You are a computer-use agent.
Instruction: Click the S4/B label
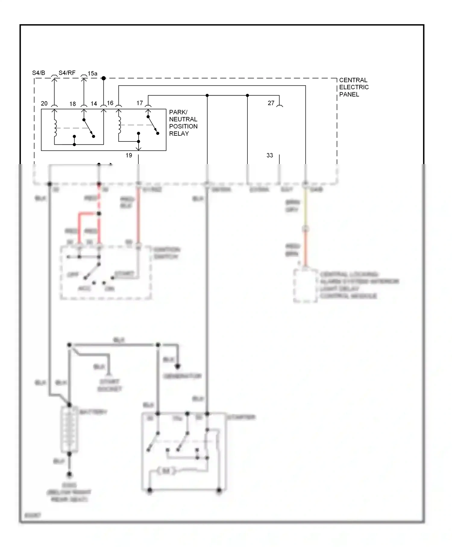point(39,73)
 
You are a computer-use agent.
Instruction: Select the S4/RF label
point(67,73)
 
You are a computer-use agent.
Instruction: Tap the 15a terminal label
point(93,74)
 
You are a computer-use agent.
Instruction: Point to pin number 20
point(44,103)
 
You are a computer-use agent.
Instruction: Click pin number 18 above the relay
point(73,104)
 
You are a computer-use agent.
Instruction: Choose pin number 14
point(94,104)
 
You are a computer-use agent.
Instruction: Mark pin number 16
point(110,103)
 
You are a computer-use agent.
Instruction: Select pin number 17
point(140,103)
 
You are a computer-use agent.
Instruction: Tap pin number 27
point(271,103)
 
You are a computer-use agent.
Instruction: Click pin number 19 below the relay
point(129,155)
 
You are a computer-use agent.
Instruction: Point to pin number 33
point(270,155)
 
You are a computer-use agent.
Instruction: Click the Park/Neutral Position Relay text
point(183,123)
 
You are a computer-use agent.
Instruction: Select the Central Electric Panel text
point(354,87)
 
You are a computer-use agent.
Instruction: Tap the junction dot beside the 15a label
point(103,78)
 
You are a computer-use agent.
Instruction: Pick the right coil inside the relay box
point(119,125)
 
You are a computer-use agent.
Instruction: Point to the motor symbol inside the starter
point(166,471)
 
